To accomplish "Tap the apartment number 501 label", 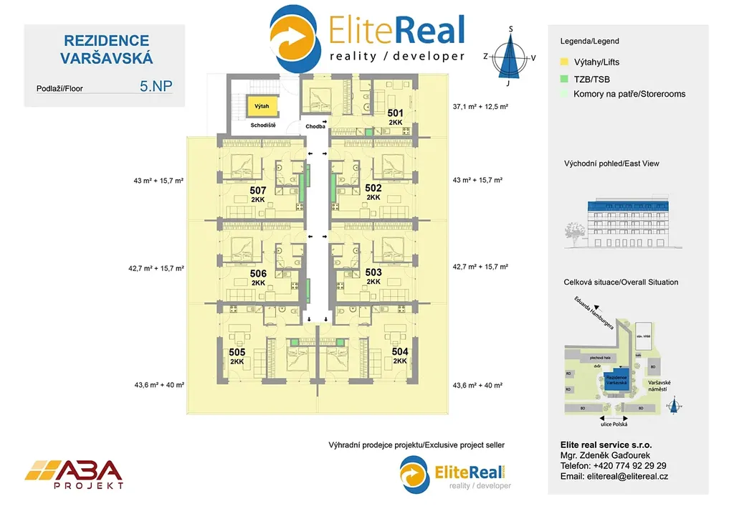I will (x=396, y=113).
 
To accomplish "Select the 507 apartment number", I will (x=258, y=191).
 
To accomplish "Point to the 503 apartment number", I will (x=373, y=273).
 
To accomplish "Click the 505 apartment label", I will (x=237, y=353).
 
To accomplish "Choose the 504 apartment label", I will (x=400, y=352).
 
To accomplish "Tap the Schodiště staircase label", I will (x=264, y=125).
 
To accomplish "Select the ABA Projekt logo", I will (x=74, y=475).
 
